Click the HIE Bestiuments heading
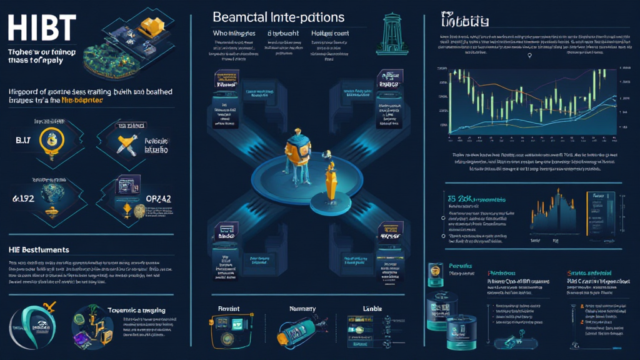pyautogui.click(x=39, y=249)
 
